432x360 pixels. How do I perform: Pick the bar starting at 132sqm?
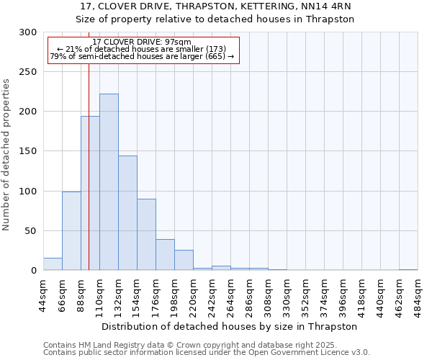(127, 213)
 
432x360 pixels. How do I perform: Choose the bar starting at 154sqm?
(146, 235)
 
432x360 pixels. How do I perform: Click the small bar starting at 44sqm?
(53, 264)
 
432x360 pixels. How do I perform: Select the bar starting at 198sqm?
(184, 260)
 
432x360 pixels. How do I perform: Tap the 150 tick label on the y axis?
(28, 151)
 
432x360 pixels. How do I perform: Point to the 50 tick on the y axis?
(31, 231)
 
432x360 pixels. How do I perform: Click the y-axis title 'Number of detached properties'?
(6, 155)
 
